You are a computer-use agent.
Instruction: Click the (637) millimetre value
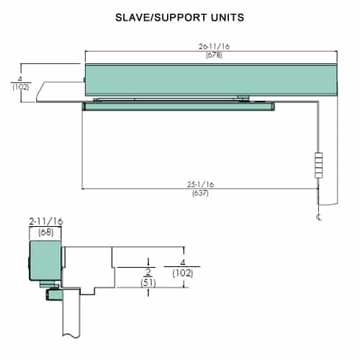pos(200,194)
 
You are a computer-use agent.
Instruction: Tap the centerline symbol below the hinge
pos(318,217)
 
